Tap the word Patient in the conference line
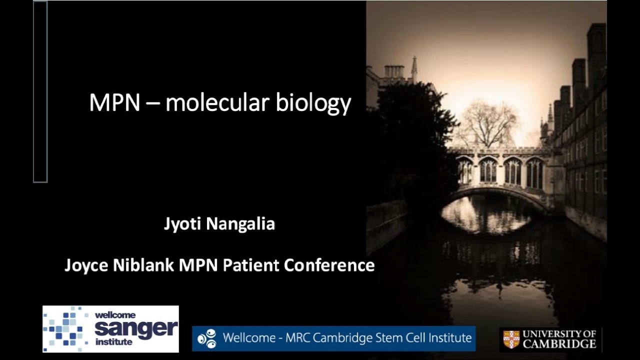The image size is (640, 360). click(251, 265)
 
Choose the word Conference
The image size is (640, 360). click(329, 265)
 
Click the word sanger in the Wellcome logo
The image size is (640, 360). click(136, 328)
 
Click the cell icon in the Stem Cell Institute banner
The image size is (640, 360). click(206, 338)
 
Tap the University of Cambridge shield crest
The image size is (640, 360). click(511, 339)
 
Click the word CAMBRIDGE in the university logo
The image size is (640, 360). click(559, 344)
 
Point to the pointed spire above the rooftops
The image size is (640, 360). click(414, 67)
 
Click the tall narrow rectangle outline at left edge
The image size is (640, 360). click(40, 91)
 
